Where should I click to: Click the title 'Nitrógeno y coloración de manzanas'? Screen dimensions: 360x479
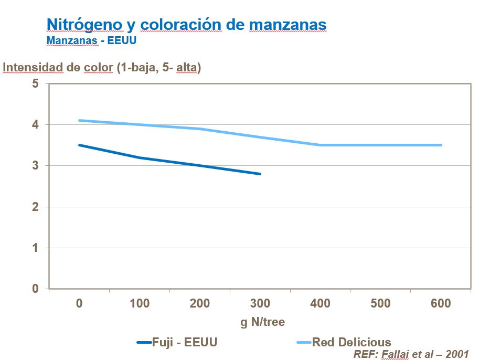[x=186, y=24]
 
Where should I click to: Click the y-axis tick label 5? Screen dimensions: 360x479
[x=36, y=83]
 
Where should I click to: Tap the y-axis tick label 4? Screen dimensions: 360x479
[x=36, y=125]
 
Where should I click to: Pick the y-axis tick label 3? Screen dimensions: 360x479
[x=36, y=166]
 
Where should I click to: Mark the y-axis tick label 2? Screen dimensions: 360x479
[x=36, y=207]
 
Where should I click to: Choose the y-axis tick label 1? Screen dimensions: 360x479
[x=36, y=248]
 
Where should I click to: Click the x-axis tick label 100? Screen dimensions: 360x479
[x=140, y=303]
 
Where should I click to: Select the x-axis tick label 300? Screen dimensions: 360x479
[x=260, y=303]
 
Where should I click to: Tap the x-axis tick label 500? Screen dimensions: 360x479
[x=381, y=303]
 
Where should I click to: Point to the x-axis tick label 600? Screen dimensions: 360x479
[x=441, y=303]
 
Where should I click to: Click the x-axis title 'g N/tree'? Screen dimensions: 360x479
[x=262, y=322]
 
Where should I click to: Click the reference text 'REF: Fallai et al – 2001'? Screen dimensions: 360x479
[x=411, y=354]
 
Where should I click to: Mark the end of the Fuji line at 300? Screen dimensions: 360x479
[x=260, y=174]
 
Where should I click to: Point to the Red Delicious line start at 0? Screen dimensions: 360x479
[x=79, y=120]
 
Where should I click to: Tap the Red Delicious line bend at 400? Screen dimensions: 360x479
[x=320, y=145]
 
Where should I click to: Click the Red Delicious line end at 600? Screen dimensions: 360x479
[x=441, y=145]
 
